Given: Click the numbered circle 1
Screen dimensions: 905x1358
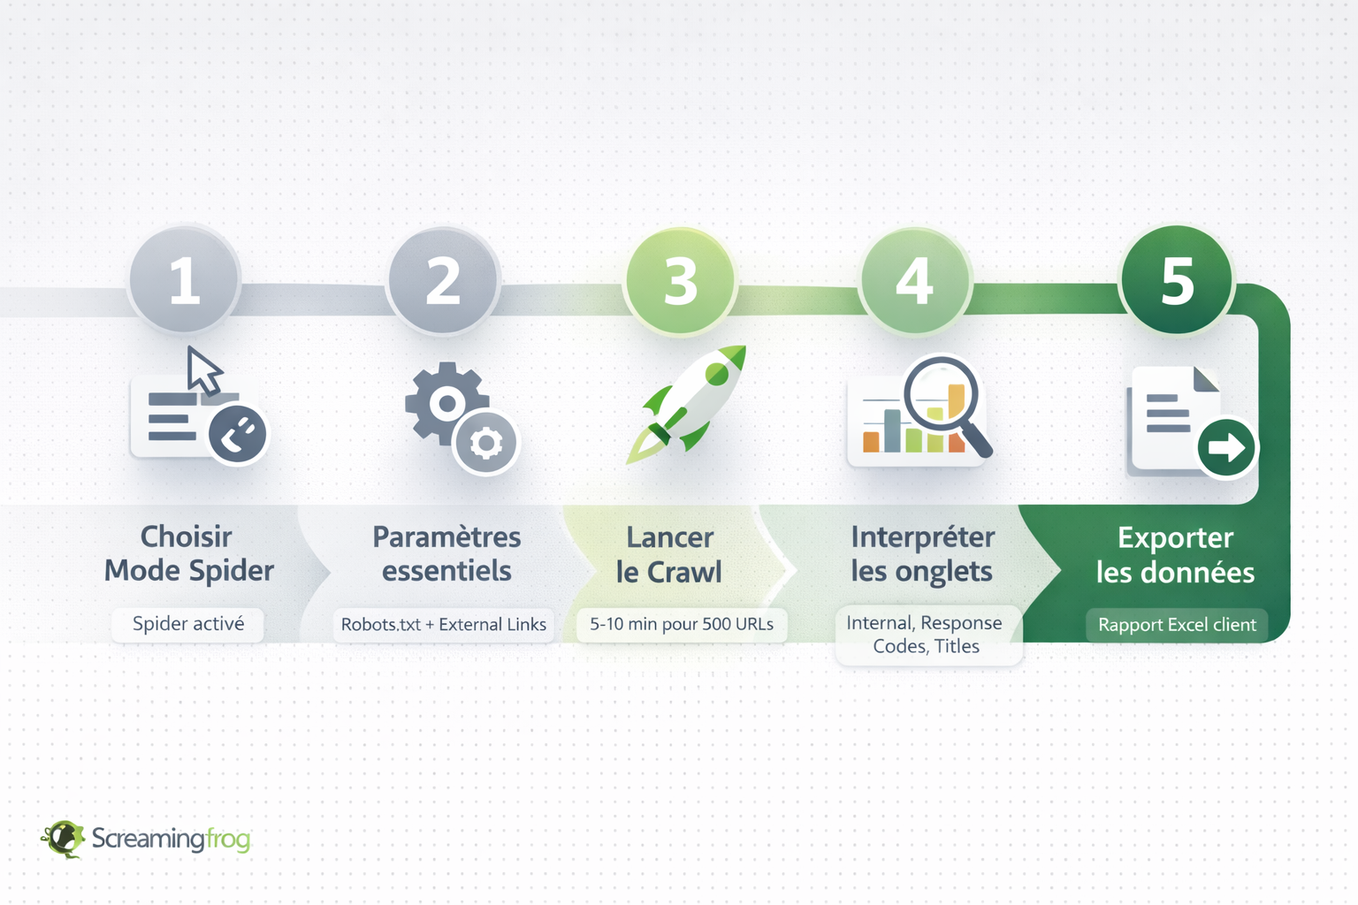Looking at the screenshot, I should (x=184, y=280).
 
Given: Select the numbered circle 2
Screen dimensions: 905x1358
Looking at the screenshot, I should (x=443, y=280).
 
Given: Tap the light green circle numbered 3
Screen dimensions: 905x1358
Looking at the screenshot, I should (x=680, y=281).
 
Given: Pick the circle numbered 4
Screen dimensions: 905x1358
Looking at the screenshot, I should (x=915, y=281).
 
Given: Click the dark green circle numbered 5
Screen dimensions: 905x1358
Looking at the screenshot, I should (x=1177, y=280).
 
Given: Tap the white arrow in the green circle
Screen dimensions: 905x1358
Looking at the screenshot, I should (x=1226, y=447).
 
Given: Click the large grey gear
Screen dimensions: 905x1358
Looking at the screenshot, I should (x=446, y=403).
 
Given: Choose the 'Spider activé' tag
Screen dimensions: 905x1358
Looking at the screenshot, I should (x=188, y=624).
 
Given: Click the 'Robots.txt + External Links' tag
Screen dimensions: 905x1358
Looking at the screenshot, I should (x=444, y=625).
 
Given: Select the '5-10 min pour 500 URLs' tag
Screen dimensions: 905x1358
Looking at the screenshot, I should (x=682, y=624).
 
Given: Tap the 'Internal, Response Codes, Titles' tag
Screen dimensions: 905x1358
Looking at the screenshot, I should (x=926, y=635).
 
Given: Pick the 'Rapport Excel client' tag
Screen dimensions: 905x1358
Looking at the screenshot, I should (x=1177, y=625).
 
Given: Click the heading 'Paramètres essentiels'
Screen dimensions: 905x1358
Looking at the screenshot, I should (x=446, y=553).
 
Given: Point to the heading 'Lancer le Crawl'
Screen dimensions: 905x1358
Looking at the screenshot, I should (x=669, y=554).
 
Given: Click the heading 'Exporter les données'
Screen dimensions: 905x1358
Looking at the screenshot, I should (x=1175, y=554).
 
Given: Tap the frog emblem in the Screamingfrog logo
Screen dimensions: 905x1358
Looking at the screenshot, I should (x=63, y=838).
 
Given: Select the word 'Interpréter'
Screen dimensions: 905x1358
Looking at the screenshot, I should (x=923, y=536).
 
